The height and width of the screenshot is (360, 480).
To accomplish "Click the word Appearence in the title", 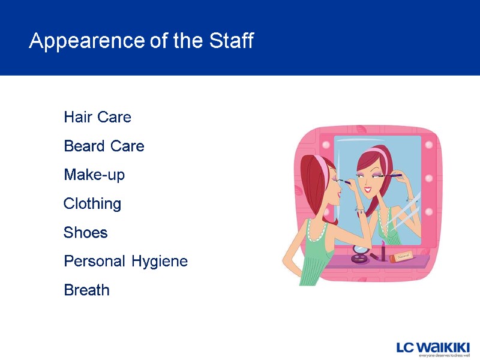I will tap(86, 41).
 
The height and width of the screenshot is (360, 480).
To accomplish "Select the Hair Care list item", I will tap(97, 117).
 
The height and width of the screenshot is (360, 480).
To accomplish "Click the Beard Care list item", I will tap(104, 146).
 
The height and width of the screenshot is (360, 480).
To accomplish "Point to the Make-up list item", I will tap(94, 175).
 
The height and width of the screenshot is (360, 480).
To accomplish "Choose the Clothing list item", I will tap(92, 204).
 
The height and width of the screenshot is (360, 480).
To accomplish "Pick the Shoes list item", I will tap(86, 233).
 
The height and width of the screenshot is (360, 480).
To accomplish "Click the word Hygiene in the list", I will tap(160, 262).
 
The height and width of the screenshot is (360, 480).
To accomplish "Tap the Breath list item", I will tap(86, 290).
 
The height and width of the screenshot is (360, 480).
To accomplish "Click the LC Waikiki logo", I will tap(433, 347).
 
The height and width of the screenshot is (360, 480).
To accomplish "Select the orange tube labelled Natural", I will tap(401, 256).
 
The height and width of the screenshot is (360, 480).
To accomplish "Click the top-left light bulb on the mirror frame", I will tap(326, 145).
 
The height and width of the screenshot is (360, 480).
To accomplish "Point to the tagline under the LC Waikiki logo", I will tap(444, 355).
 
